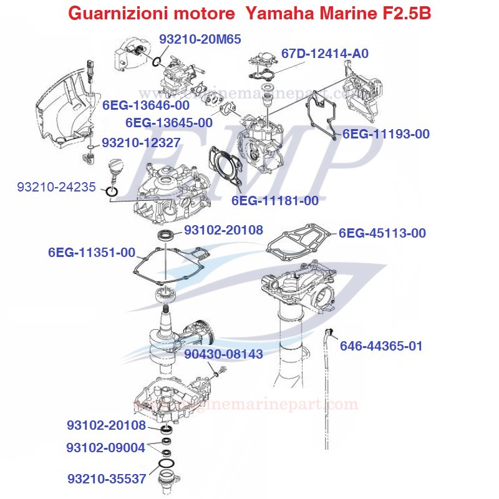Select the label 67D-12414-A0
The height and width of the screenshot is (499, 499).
324,54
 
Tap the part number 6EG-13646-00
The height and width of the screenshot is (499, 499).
146,105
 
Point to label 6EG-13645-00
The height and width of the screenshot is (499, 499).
168,123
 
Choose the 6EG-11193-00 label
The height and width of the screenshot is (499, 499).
385,133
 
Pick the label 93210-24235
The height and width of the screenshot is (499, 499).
56,187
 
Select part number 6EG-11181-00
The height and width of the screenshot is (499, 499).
274,200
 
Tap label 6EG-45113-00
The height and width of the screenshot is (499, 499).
382,233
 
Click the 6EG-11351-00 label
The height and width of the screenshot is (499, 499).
91,253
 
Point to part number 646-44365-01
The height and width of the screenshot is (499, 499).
380,345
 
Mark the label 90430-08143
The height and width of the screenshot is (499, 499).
223,354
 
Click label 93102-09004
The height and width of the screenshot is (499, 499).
106,447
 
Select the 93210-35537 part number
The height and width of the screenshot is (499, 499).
107,478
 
